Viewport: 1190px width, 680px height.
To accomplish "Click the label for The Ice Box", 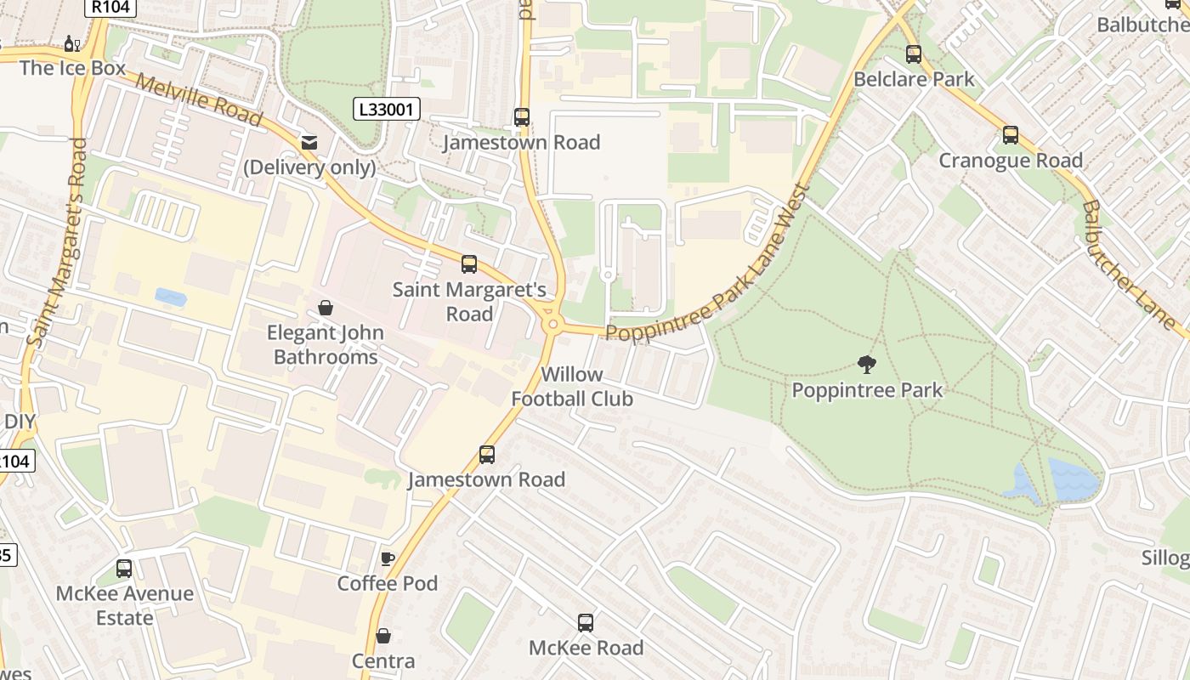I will click(x=72, y=68).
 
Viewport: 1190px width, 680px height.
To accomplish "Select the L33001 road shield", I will click(x=387, y=109).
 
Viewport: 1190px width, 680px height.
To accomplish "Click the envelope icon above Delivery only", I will click(x=309, y=143).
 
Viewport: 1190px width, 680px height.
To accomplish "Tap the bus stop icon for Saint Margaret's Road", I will click(x=469, y=264).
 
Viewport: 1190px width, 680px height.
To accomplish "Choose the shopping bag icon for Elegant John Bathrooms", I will click(x=326, y=308).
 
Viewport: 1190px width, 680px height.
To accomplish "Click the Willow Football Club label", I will click(x=571, y=386).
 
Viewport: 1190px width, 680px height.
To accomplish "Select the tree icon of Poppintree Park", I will click(x=867, y=365).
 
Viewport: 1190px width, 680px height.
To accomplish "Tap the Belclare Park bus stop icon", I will click(x=914, y=54).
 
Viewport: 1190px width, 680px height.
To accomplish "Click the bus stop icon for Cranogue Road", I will click(x=1010, y=135).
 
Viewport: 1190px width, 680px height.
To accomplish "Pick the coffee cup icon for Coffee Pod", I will click(x=388, y=558).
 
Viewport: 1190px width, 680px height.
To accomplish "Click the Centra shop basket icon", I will click(x=383, y=636).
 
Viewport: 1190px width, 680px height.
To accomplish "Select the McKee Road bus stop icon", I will click(x=586, y=623).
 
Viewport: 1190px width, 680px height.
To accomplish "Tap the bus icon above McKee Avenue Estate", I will click(x=124, y=569).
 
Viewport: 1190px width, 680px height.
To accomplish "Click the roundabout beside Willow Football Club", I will click(x=553, y=324).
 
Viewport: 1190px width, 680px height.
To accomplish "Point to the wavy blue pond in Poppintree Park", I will click(x=1073, y=479).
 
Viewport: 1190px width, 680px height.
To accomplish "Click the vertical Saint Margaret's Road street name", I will click(x=58, y=244).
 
